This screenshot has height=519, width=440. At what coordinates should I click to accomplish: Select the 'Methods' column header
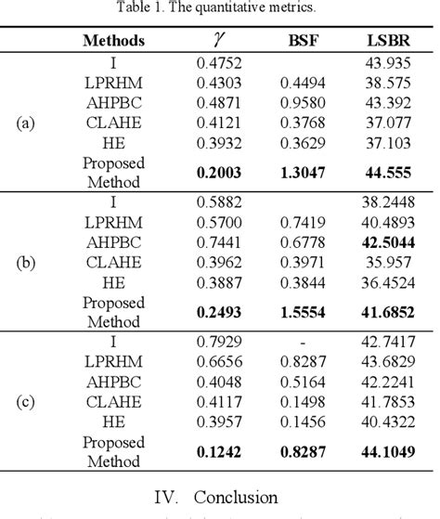point(113,40)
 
